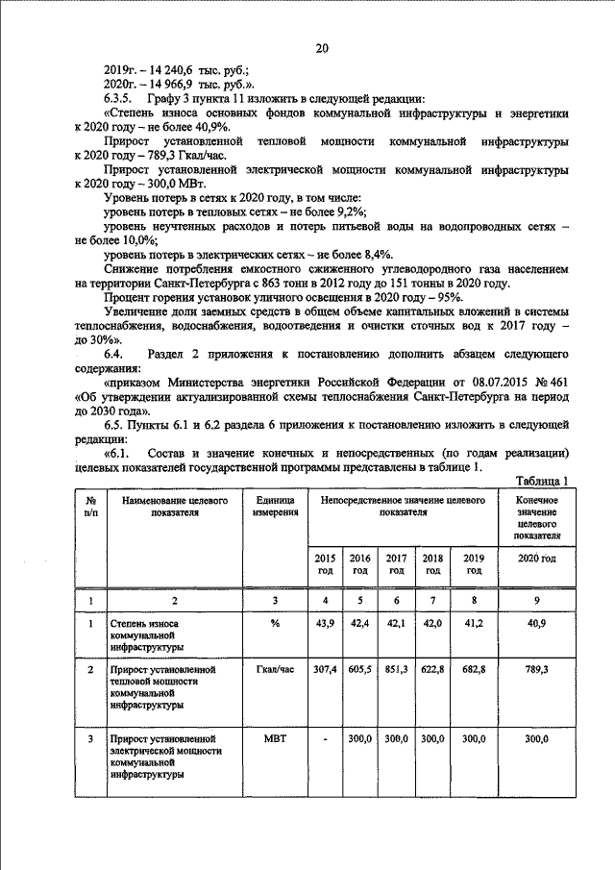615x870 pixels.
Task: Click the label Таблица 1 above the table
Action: click(542, 482)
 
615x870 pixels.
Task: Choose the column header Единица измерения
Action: click(273, 507)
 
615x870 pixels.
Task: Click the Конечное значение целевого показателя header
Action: click(538, 520)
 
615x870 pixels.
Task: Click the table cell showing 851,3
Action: click(396, 667)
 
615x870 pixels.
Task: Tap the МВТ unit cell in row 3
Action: click(273, 739)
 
